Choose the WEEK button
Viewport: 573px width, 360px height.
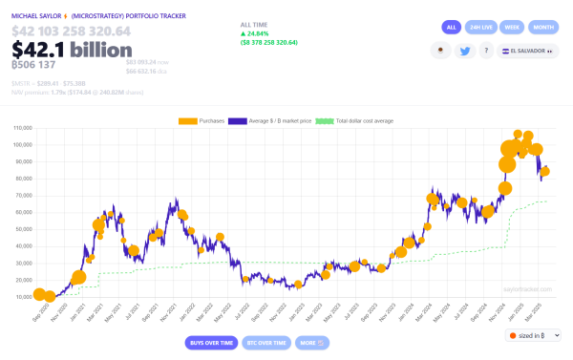[x=512, y=27]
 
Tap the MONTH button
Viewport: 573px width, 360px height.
[x=542, y=27]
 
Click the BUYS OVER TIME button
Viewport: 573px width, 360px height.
[x=211, y=342]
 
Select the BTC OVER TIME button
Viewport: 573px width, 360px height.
[x=266, y=342]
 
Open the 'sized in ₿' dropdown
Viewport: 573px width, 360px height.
[x=533, y=335]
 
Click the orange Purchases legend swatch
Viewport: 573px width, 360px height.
[x=187, y=121]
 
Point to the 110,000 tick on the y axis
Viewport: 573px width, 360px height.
[x=21, y=127]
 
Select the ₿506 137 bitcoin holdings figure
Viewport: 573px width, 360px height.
[x=32, y=66]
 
